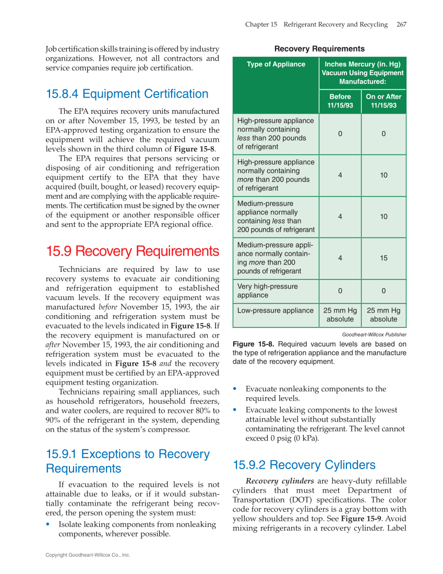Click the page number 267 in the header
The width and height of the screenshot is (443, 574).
(401, 25)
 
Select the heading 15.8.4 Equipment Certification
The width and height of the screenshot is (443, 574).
(127, 94)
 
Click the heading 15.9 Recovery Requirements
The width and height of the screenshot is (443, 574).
(133, 252)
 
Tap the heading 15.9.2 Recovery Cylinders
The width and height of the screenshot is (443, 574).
(304, 465)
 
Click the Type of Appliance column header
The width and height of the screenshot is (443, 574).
(276, 64)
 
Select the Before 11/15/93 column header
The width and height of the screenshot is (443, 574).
(340, 101)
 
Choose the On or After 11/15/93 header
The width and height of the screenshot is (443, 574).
(384, 101)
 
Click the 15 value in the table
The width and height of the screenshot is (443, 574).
(384, 258)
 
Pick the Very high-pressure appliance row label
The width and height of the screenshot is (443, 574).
(267, 291)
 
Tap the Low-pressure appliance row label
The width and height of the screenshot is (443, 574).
(275, 310)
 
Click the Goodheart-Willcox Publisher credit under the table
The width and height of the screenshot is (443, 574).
(374, 334)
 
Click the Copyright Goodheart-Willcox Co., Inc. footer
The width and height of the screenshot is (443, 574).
(88, 555)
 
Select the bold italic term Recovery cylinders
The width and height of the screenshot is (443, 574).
(279, 481)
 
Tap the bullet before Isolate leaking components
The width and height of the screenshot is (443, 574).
(49, 524)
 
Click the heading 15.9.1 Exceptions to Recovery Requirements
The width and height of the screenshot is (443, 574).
(128, 461)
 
